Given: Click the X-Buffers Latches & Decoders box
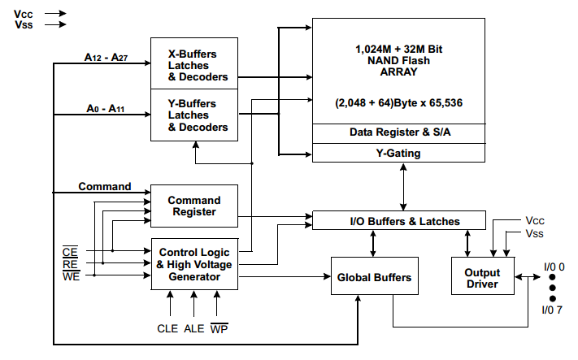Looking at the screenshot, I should (194, 65).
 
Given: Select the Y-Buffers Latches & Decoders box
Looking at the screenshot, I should (194, 115).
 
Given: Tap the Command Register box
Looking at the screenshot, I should (194, 206).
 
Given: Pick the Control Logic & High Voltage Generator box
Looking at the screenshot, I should (195, 265).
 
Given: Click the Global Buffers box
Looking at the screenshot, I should (374, 278).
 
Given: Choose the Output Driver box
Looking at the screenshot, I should (483, 278).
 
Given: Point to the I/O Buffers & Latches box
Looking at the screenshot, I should (399, 221).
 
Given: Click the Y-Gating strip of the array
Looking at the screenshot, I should (398, 153).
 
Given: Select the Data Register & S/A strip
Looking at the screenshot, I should (398, 132).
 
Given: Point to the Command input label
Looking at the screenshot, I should (105, 186).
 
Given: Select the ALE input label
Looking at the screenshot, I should (194, 328).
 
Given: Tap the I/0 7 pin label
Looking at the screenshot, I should (553, 310).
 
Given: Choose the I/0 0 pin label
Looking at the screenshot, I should (553, 267).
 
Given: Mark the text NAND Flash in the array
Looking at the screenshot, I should (398, 60).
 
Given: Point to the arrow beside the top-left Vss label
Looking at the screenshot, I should (55, 25).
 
